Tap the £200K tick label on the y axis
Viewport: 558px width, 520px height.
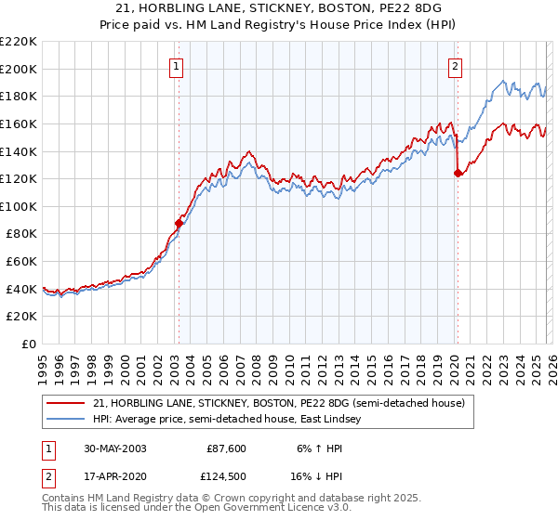[x=19, y=69]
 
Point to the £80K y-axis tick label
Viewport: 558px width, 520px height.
[x=21, y=234]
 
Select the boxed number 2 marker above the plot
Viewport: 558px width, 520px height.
[x=456, y=66]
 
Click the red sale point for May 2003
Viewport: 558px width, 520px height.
[x=179, y=223]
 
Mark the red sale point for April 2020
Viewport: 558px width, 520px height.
[x=457, y=172]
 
